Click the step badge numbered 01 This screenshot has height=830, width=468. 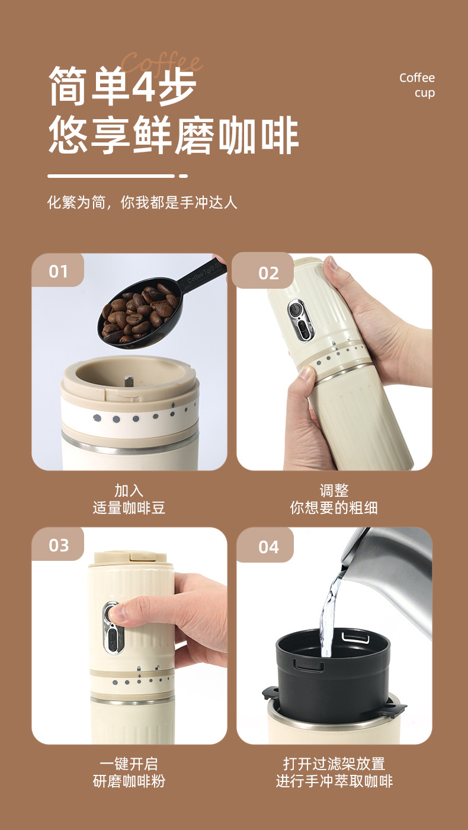(58, 272)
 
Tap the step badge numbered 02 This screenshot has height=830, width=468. (268, 273)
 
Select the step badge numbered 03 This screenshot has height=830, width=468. (58, 545)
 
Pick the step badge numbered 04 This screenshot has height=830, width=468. (268, 546)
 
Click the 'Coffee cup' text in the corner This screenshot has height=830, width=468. (417, 85)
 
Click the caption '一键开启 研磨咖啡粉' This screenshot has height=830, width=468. (129, 772)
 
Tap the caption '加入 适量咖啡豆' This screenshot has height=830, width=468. (129, 499)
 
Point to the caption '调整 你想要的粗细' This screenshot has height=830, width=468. (334, 499)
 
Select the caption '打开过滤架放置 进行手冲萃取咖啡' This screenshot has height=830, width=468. (334, 772)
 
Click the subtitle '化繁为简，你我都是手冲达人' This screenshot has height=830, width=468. (142, 203)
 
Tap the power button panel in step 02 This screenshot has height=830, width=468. (298, 320)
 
